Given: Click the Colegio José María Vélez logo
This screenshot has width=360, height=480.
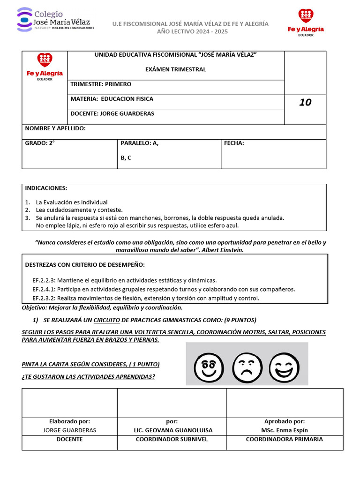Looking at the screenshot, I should tap(55, 19).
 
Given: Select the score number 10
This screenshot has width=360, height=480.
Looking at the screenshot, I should tap(305, 102).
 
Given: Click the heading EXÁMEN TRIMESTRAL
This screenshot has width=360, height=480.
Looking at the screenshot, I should tap(176, 69).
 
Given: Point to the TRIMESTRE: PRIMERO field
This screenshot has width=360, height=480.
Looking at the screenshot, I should tap(101, 84).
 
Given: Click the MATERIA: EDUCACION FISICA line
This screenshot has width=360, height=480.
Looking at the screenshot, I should tap(112, 99).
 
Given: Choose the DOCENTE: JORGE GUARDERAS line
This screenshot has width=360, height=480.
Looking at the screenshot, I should tap(112, 113).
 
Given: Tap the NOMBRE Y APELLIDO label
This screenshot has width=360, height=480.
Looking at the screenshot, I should tap(55, 128).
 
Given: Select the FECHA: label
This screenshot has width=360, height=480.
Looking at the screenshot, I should tap(234, 143).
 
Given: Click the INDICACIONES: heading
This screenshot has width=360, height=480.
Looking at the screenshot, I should tap(46, 188).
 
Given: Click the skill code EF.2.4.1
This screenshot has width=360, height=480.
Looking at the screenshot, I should tap(44, 289).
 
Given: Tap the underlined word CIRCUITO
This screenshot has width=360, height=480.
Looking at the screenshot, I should tap(106, 320).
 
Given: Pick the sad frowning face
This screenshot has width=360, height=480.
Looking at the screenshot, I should tap(247, 364).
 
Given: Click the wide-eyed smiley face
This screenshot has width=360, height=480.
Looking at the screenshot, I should tap(209, 364).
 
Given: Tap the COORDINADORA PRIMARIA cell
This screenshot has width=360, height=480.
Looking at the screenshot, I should tap(284, 439).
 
